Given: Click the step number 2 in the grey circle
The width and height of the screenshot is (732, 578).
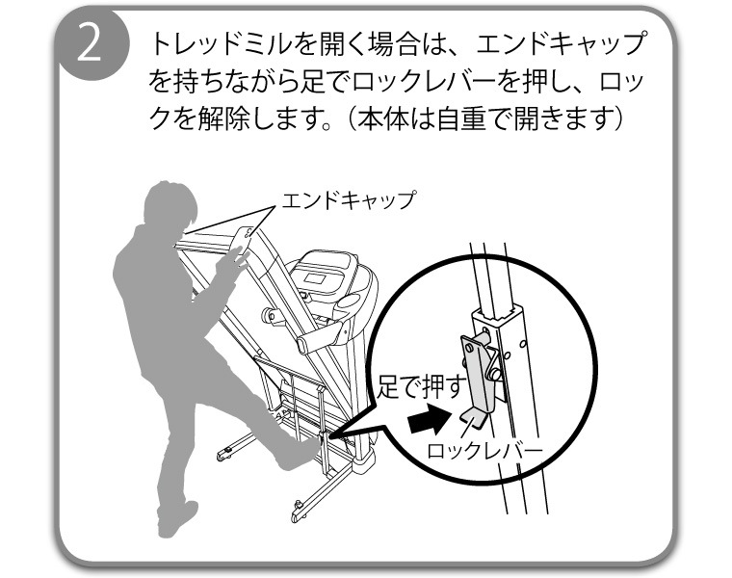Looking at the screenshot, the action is tap(89, 44).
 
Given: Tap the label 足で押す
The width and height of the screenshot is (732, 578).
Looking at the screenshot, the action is tap(421, 386).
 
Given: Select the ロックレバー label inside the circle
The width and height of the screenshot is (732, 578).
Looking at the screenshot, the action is tap(485, 452).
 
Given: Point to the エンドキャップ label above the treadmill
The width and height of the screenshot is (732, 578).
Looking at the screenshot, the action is tap(349, 199).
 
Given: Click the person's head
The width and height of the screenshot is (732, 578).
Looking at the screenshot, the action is tap(169, 205).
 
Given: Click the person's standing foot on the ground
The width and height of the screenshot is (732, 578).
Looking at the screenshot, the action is tap(176, 519).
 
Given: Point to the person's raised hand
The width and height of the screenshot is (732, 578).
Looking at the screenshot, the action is tap(231, 263).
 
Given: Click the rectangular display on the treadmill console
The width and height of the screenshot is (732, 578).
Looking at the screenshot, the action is tap(315, 278).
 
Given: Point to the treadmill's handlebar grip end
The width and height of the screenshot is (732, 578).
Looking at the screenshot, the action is tap(303, 346).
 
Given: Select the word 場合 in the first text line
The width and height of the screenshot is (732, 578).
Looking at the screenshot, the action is tap(394, 44).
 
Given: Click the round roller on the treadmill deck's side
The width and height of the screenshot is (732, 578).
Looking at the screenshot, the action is tap(270, 316).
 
